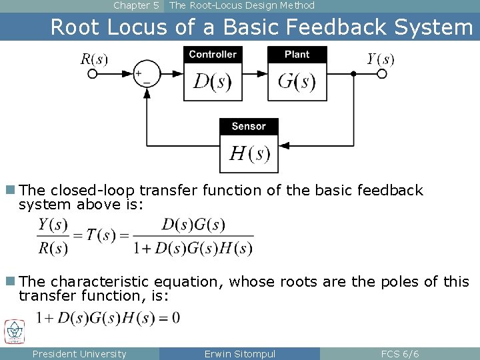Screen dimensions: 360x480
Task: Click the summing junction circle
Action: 147,74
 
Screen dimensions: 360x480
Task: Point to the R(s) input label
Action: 94,59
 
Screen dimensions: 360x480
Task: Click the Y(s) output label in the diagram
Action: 381,59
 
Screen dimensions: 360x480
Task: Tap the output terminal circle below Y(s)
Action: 382,74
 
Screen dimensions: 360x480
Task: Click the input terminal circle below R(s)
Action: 93,74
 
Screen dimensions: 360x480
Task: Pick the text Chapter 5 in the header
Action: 136,5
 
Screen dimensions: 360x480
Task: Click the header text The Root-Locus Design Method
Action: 241,5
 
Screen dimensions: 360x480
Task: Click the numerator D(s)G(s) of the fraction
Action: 193,224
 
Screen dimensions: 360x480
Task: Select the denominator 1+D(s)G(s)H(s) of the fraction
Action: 193,248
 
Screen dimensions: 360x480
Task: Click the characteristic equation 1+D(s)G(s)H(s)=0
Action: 108,317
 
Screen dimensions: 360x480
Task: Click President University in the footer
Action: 79,354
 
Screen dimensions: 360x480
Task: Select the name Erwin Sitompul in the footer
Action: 240,354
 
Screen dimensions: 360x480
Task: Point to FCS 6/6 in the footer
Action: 400,354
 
